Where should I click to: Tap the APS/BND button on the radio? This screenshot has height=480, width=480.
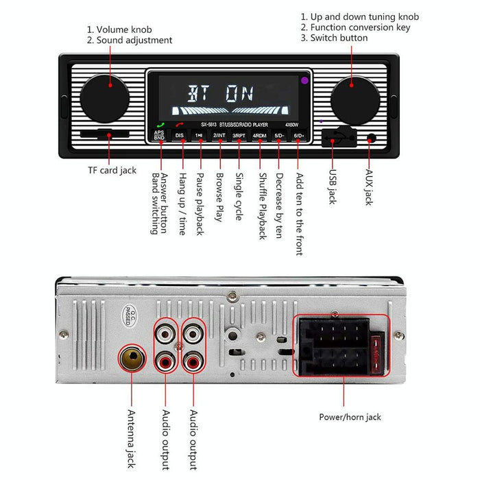[x=159, y=135]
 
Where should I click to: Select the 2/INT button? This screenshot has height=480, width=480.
[x=219, y=136]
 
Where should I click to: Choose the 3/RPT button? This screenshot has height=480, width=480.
[x=239, y=136]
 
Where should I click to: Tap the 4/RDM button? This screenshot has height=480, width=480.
[x=259, y=136]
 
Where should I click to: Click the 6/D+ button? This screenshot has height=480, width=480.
[x=299, y=136]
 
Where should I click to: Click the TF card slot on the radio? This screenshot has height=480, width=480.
[x=107, y=134]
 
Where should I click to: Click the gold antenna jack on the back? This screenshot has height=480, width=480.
[x=131, y=358]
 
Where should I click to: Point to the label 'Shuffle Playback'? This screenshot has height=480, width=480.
[x=262, y=206]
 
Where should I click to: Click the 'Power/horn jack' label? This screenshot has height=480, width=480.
[x=350, y=416]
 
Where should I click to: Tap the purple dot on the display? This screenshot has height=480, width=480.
[x=303, y=81]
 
